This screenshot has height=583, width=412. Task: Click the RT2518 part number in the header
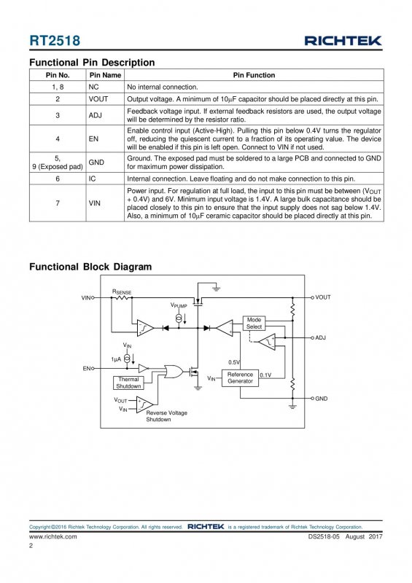pos(55,41)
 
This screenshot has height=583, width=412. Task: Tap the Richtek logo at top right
pos(343,41)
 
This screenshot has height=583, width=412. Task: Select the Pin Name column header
pos(105,75)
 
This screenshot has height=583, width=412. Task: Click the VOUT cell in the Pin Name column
pos(98,99)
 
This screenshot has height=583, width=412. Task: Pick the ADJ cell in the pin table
pos(96,115)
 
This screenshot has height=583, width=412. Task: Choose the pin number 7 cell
pos(58,203)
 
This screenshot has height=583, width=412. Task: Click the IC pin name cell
pos(93,179)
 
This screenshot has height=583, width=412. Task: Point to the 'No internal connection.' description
pos(163,87)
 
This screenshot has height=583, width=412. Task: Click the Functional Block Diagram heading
pos(90,267)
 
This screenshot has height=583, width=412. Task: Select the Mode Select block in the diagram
pos(254,323)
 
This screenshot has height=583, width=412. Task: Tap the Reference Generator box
pos(240,377)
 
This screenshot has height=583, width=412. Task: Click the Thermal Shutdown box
pos(128,383)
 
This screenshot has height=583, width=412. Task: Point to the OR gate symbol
pos(174,372)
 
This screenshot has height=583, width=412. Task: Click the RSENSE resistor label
pos(122,292)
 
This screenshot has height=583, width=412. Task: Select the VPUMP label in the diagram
pos(179,305)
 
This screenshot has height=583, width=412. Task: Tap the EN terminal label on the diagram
pos(86,369)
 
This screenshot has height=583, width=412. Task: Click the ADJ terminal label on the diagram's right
pos(320,337)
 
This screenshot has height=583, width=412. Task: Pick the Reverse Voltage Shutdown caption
pos(166,416)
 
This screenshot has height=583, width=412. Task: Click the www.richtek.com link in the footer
pos(53,536)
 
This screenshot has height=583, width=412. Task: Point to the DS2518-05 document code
pos(324,536)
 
